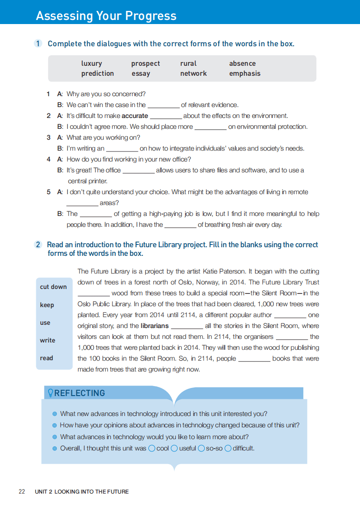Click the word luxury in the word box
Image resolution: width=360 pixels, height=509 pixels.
coord(91,64)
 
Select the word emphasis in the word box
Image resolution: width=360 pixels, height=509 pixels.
coord(245,73)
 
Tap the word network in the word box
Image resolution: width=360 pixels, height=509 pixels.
coord(193,73)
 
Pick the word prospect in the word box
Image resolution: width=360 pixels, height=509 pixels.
coord(145,64)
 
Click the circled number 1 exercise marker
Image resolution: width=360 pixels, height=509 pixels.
coord(38,44)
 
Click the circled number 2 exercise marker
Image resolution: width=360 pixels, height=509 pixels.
coord(38,245)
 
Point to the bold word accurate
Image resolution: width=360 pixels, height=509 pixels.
coord(135,116)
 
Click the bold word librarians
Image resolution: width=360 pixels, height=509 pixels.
coord(154,326)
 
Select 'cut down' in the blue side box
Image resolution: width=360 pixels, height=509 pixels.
coord(53,287)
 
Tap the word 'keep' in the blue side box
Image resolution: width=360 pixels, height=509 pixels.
coord(47,305)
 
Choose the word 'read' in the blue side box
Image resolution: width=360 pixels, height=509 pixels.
coord(46,358)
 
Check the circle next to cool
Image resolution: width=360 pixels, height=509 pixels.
coord(152,448)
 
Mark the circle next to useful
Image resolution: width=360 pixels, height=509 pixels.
coord(174,448)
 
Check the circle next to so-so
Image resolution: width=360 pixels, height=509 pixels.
coord(202,448)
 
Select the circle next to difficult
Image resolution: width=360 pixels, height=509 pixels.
coord(228,448)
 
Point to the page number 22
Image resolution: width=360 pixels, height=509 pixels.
coord(22,492)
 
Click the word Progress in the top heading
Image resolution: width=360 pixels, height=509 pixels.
coord(146,16)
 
